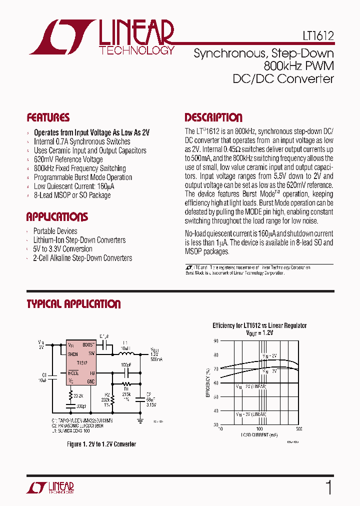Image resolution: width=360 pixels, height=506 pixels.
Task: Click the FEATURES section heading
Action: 48,118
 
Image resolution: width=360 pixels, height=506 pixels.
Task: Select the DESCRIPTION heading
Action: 213,118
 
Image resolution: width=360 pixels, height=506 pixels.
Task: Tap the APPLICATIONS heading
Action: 57,217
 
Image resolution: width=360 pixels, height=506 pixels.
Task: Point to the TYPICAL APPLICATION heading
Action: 73,304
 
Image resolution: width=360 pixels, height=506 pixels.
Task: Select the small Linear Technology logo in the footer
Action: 56,488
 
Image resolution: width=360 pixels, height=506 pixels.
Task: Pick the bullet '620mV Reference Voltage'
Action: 68,159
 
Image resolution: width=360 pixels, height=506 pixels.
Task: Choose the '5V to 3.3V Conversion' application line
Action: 62,249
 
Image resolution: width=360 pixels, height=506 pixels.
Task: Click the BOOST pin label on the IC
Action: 88,345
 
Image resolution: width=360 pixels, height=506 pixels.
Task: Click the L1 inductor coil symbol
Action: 124,353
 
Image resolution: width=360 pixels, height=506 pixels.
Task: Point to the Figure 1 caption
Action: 101,444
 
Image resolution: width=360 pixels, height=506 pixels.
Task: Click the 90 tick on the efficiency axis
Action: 215,341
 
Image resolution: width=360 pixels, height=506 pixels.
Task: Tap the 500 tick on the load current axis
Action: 299,429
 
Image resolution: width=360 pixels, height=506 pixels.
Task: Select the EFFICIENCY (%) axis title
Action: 207,382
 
